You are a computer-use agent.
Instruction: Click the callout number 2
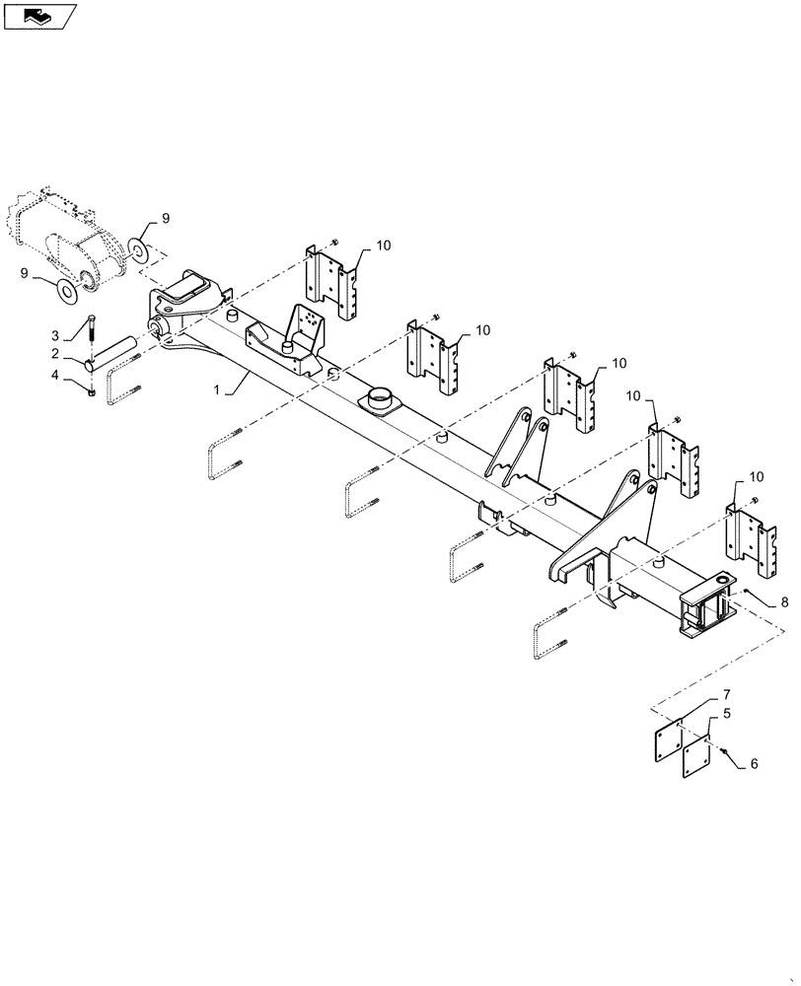(56, 354)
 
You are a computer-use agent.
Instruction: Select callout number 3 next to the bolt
(56, 335)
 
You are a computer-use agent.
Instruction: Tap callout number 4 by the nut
(56, 374)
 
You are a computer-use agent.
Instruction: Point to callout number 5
(726, 712)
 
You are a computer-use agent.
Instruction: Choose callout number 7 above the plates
(726, 695)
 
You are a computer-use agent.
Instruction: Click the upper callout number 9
(166, 216)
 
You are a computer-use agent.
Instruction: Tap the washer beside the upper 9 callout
(139, 250)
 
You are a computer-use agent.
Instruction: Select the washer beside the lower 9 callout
(68, 291)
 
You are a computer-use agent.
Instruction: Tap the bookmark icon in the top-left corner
(38, 15)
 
